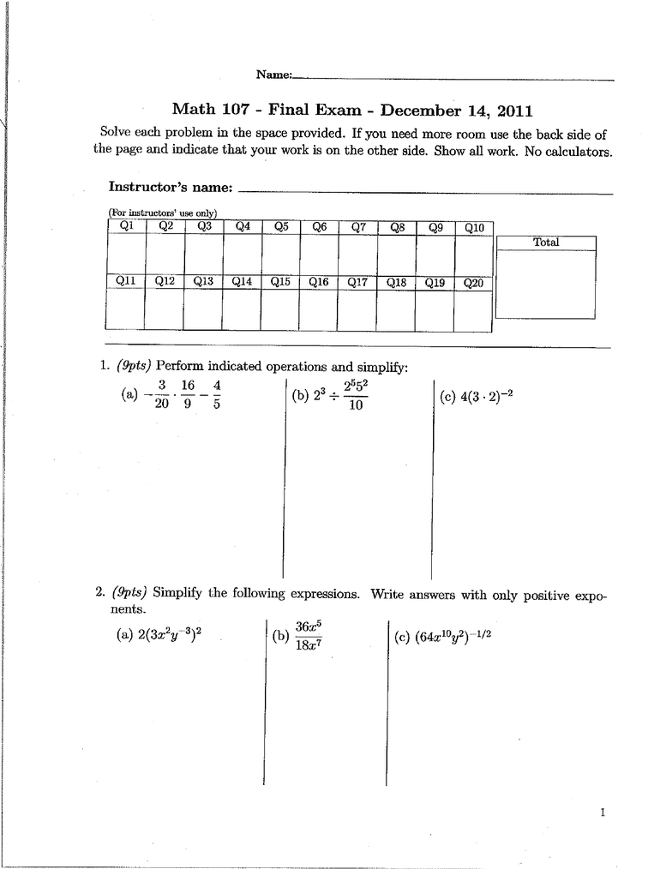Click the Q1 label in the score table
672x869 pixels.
click(126, 226)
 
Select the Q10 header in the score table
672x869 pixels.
click(474, 228)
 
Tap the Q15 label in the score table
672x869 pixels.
click(280, 281)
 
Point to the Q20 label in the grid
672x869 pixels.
click(473, 283)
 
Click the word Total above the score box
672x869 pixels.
click(545, 243)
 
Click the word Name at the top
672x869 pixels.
click(273, 75)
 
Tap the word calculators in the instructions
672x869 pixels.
click(577, 152)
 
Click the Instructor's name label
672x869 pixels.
click(171, 187)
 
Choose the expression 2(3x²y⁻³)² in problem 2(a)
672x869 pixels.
click(171, 635)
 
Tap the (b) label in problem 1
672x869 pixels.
click(300, 397)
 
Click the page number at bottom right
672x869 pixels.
click(603, 812)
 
